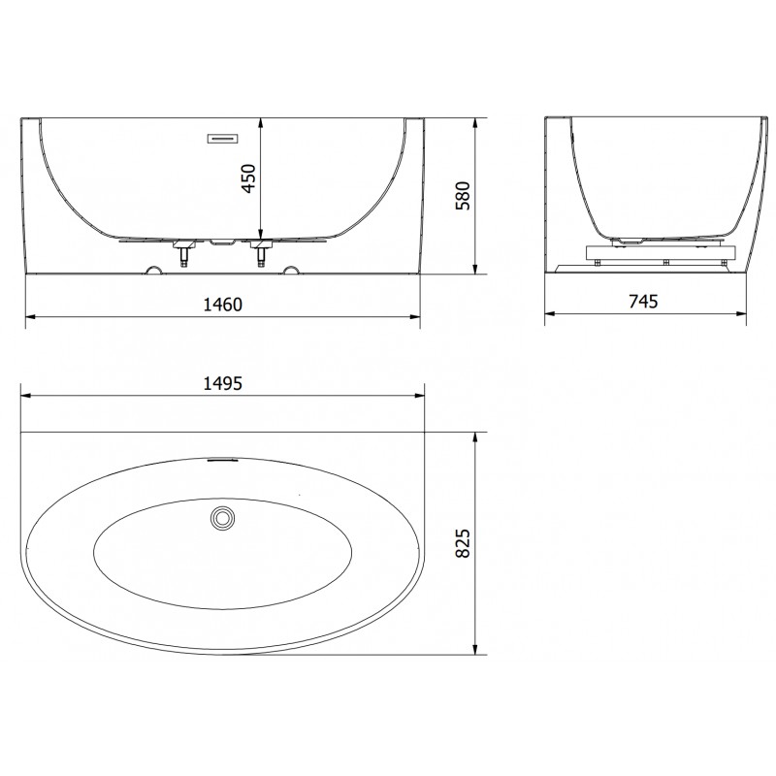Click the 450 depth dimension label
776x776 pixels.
[x=248, y=178]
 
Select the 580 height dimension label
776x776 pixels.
[x=463, y=197]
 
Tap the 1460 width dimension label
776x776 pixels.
[x=221, y=305]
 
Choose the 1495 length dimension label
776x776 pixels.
[x=221, y=383]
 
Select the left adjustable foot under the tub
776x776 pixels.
[x=182, y=255]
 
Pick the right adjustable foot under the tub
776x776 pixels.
[x=260, y=255]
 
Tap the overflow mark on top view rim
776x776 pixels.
[x=222, y=460]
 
